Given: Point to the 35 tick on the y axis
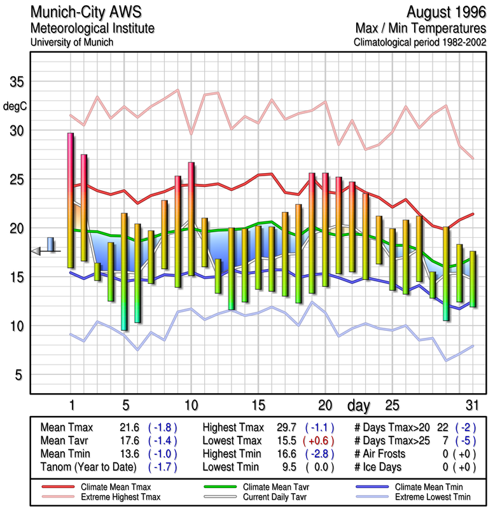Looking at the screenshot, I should (x=17, y=82).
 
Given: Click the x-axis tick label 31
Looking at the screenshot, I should (x=471, y=405).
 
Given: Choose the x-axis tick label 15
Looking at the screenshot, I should (x=258, y=405).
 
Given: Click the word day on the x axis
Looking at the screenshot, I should (x=361, y=405).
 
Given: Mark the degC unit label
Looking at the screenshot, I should (x=17, y=106).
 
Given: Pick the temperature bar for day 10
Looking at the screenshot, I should (x=191, y=219).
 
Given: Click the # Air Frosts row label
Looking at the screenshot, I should (x=378, y=454).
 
